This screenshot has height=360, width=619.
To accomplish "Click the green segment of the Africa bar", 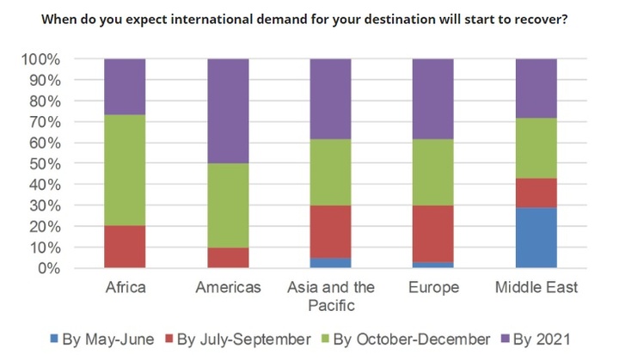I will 124,170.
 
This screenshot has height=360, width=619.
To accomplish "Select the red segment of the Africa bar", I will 124,247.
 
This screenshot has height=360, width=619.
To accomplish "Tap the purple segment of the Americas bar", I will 227,111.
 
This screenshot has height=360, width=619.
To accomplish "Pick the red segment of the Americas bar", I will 227,258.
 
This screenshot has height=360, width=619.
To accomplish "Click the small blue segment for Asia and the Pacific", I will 330,263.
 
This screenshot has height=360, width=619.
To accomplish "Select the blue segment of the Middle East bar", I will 536,237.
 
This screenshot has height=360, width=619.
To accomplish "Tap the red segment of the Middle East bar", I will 536,192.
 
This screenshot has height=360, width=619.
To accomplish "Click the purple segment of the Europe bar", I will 433,99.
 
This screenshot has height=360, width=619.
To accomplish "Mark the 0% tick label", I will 49,268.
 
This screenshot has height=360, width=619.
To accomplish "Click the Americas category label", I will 227,287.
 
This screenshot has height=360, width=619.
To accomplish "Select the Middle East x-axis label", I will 536,287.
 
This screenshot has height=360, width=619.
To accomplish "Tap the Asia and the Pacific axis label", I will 330,296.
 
